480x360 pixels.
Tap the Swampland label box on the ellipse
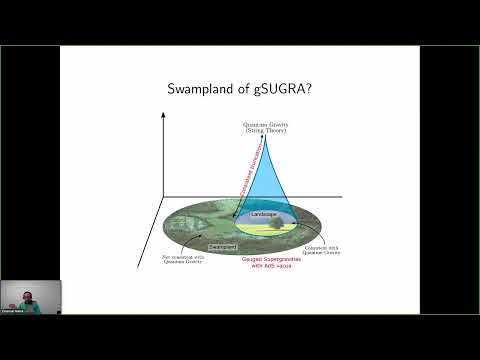click(x=221, y=246)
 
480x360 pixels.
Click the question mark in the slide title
click(x=312, y=88)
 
